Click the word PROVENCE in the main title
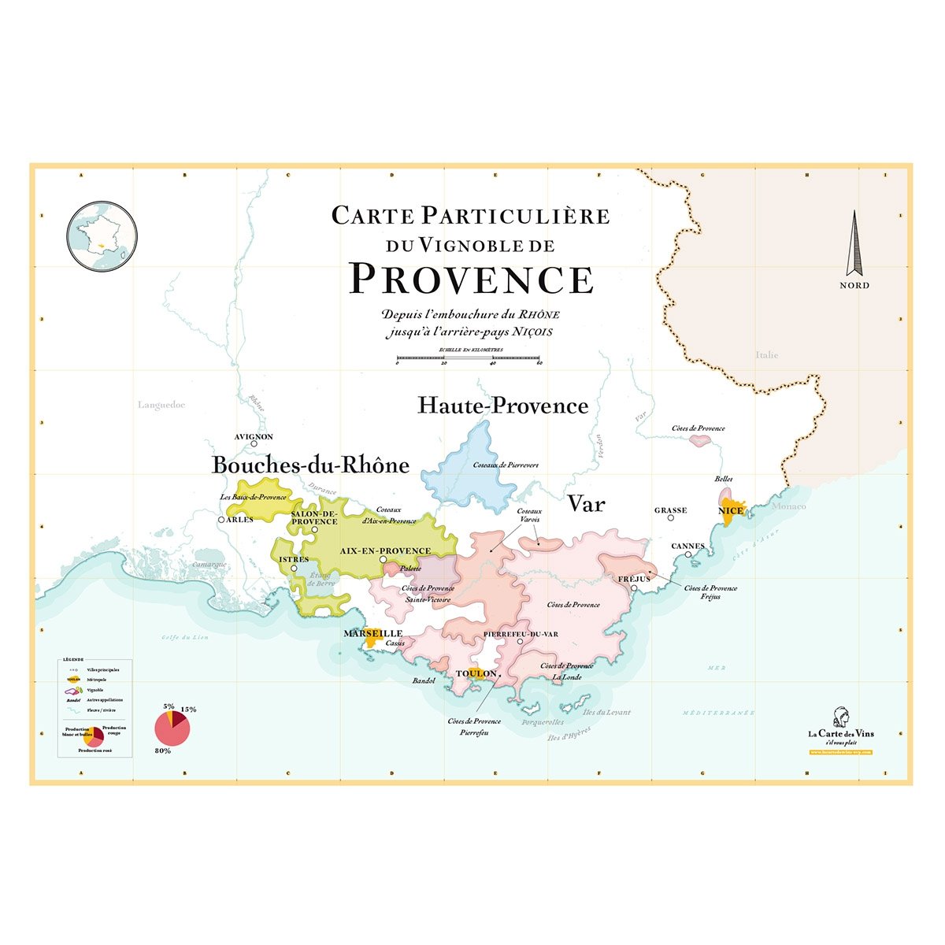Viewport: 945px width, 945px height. (x=471, y=279)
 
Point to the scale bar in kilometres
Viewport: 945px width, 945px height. (x=469, y=358)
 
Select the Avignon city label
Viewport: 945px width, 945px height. (x=254, y=436)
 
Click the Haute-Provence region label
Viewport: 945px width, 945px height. (x=502, y=406)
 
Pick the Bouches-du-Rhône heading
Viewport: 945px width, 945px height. (x=310, y=465)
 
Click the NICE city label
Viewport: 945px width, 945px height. (x=731, y=510)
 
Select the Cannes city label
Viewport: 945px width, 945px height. (x=687, y=546)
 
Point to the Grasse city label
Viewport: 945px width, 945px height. (x=670, y=510)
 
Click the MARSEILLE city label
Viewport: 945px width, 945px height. (x=372, y=633)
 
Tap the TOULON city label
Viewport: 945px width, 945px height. (x=476, y=673)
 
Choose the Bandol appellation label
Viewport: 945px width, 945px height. (x=424, y=680)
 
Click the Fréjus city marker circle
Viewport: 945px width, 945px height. (x=634, y=587)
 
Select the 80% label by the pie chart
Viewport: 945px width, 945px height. (x=163, y=750)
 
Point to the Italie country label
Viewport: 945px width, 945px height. (x=766, y=355)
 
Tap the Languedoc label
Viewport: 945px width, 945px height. (x=161, y=405)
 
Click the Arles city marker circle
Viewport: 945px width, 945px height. (x=221, y=520)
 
